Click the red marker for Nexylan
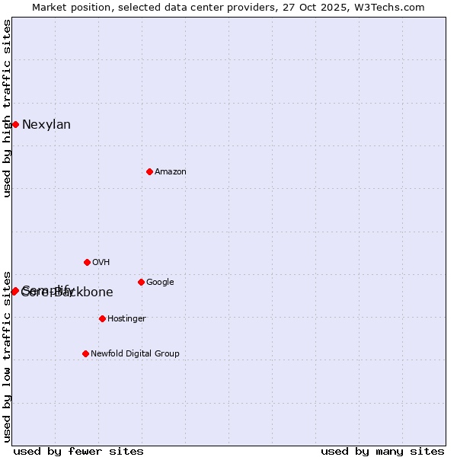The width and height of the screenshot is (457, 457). (15, 124)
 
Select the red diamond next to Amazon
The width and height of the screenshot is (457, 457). (149, 171)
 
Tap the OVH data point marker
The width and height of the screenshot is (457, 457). (87, 262)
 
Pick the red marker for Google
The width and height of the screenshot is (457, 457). (141, 282)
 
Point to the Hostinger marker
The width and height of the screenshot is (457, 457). (102, 318)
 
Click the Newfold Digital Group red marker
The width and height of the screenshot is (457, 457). (85, 353)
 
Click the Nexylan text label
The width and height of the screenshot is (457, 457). (46, 125)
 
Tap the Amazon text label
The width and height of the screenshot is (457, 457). (171, 172)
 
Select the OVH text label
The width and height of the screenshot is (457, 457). (101, 263)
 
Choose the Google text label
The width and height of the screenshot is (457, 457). (160, 283)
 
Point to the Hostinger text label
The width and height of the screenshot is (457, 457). (126, 319)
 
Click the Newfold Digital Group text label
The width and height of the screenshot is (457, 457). (135, 354)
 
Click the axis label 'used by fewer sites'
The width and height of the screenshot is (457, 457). (78, 451)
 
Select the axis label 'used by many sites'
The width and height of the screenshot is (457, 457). (382, 451)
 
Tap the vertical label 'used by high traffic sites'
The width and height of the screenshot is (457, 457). (7, 108)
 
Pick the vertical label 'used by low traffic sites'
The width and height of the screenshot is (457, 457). (7, 356)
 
